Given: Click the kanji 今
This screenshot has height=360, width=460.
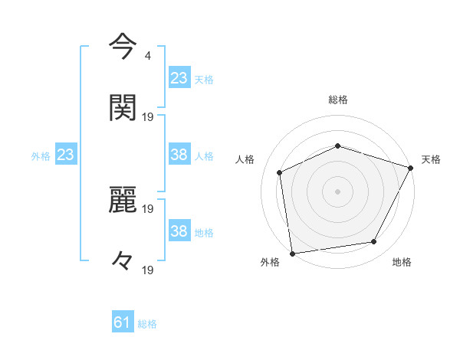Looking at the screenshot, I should [123, 47].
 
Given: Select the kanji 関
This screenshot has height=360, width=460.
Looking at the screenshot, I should [123, 107].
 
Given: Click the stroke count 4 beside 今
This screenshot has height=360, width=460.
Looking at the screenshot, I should [147, 56].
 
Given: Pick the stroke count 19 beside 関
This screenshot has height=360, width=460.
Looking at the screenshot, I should [149, 117].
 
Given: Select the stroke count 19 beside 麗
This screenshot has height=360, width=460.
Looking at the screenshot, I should [149, 209].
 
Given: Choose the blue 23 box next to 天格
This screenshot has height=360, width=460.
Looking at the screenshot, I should [179, 78].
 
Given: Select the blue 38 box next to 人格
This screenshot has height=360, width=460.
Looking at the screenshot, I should [179, 155].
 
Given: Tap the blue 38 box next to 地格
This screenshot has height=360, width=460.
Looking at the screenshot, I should [179, 231].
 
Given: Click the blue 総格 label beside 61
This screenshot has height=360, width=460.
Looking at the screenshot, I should [147, 324].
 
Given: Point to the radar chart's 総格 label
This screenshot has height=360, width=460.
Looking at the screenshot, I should [338, 100].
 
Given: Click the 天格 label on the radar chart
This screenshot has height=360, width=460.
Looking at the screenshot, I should [431, 159].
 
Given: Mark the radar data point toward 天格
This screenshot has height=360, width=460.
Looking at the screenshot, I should [412, 168].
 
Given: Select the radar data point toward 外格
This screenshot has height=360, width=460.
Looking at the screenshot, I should [292, 253].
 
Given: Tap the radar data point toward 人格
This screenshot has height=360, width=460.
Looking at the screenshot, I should [280, 172].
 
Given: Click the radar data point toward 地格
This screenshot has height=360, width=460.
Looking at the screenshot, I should [374, 242].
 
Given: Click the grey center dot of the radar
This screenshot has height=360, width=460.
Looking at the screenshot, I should [338, 191].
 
